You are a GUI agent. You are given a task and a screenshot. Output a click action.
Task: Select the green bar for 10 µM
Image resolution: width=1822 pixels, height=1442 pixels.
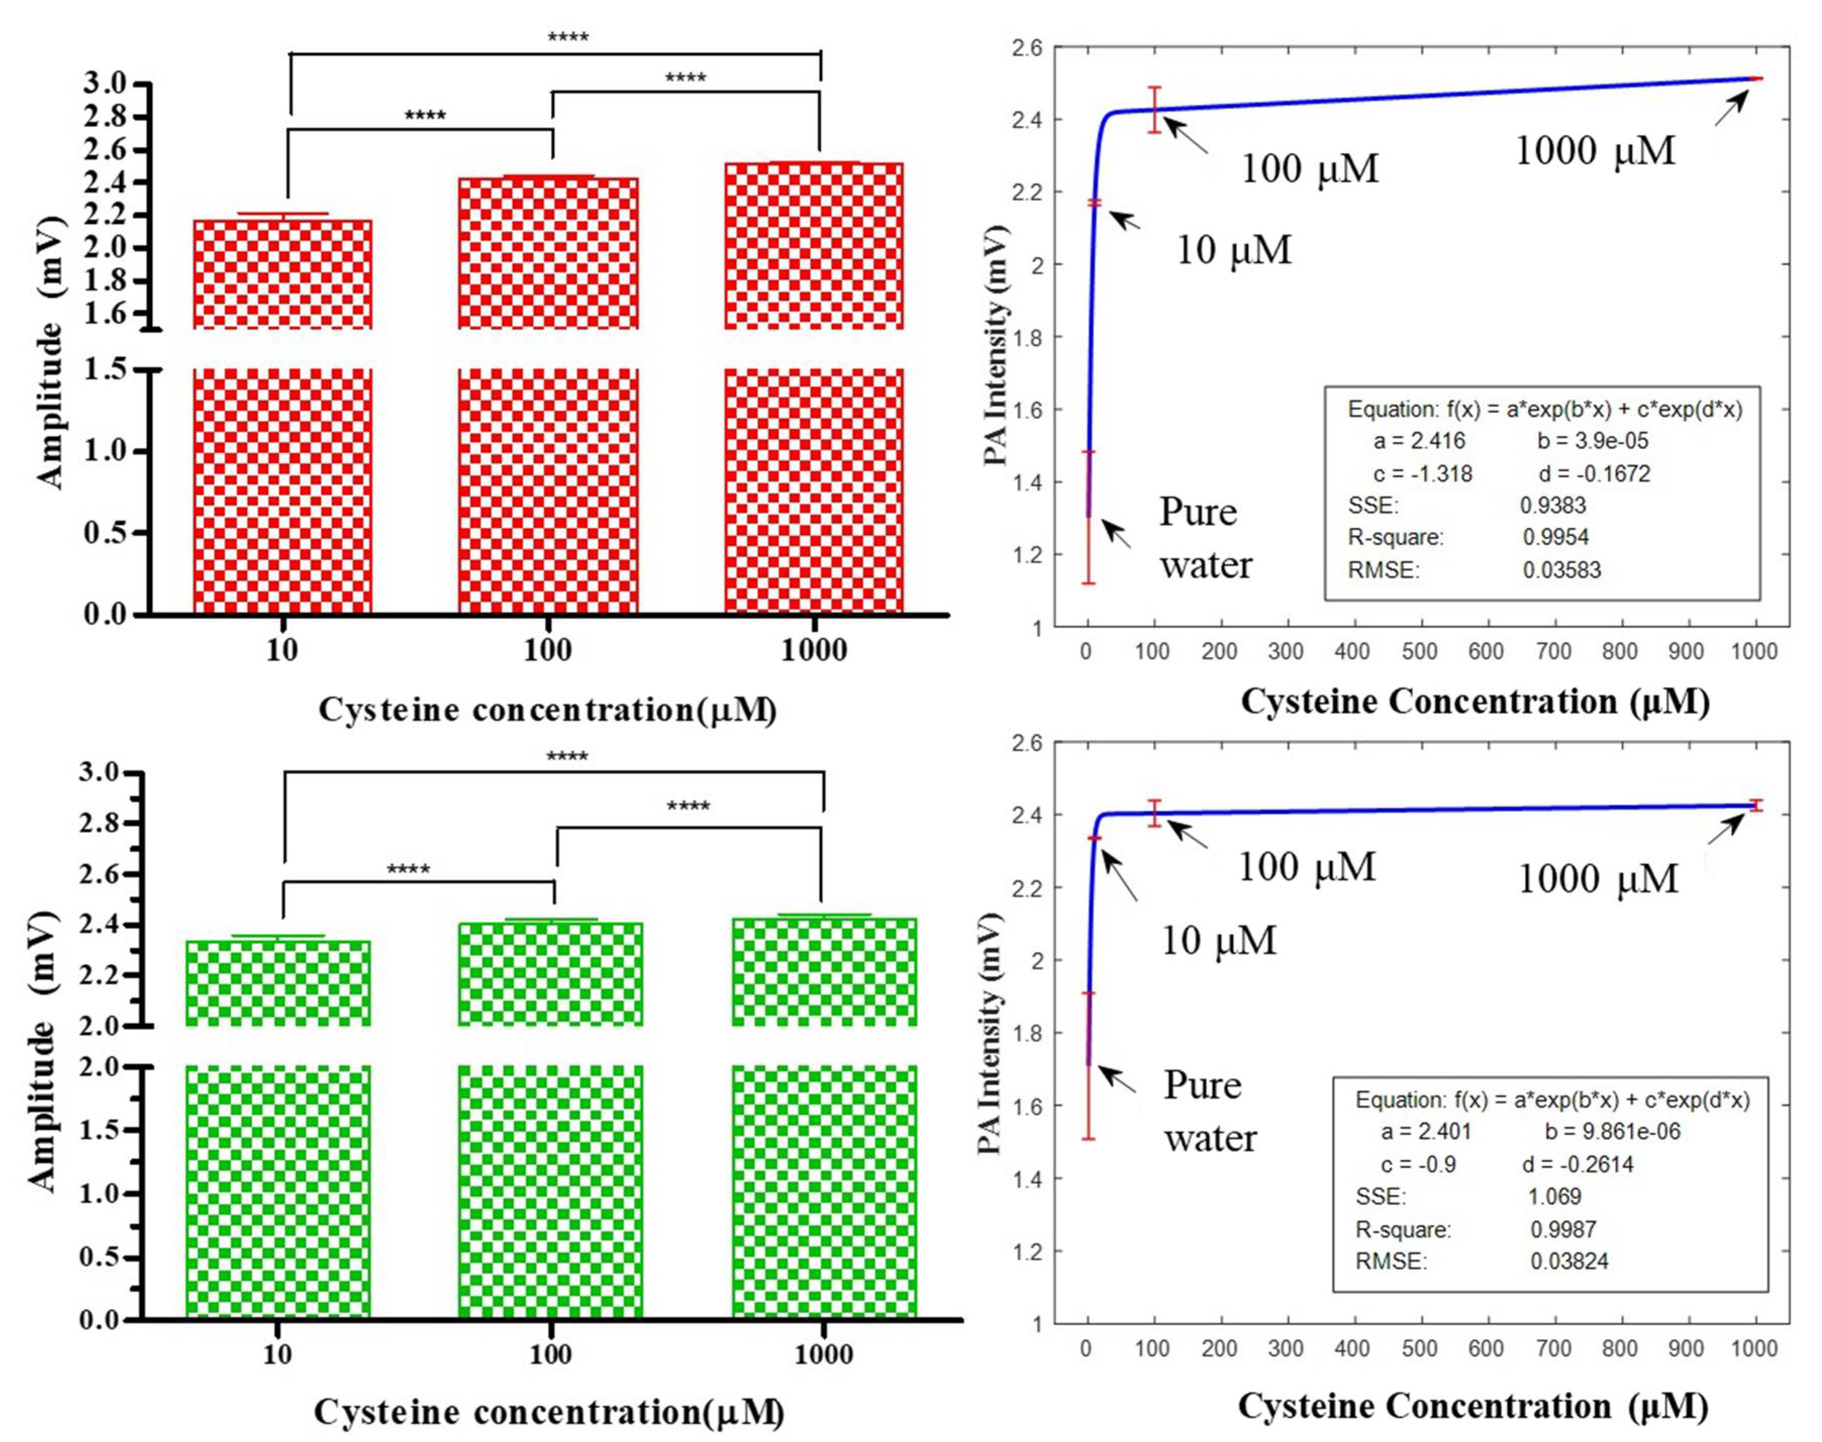(278, 1182)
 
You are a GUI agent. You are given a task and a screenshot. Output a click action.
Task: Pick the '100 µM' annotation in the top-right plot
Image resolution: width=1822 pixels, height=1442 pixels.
(1308, 169)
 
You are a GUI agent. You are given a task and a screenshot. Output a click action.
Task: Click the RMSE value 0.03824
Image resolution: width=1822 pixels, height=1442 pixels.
(1568, 1261)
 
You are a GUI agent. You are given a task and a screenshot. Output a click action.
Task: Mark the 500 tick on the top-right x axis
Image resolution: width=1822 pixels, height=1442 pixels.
(1419, 651)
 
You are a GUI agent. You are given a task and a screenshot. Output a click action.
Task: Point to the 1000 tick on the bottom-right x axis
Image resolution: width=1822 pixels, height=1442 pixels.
(1754, 1348)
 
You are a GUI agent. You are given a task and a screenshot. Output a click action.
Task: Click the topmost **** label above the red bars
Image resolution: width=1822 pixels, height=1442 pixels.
(568, 37)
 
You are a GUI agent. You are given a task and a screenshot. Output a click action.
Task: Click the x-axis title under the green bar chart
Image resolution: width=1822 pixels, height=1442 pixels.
(549, 1411)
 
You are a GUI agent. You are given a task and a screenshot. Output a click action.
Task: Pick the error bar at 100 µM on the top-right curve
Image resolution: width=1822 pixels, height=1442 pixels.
(1154, 110)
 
